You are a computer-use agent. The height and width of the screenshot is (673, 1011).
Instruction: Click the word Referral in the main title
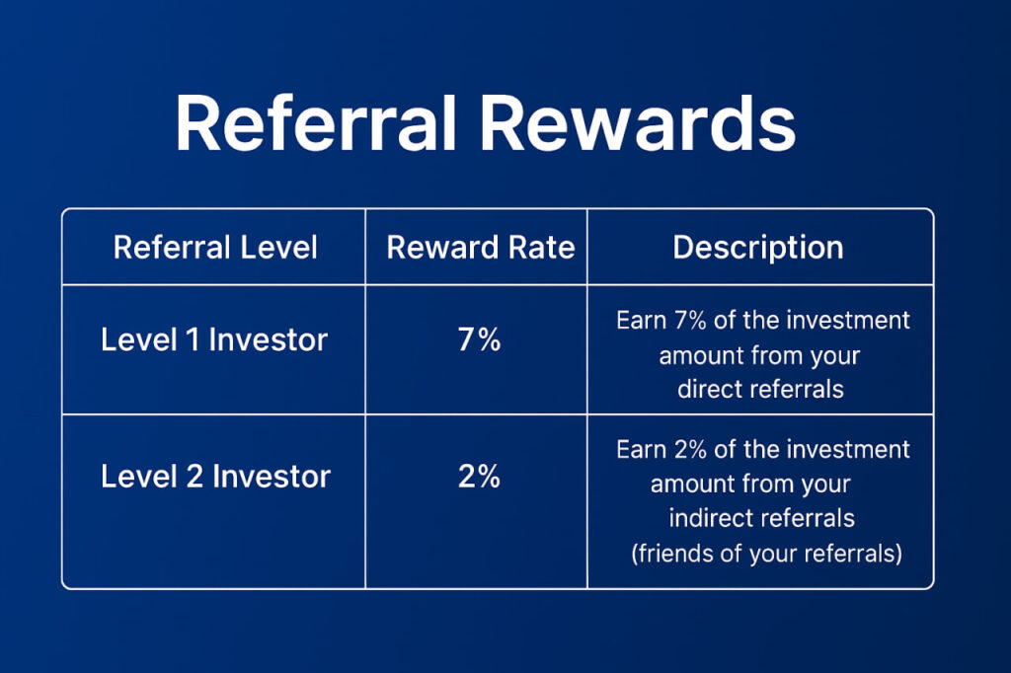pyautogui.click(x=316, y=122)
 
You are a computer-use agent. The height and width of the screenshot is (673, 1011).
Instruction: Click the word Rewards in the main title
pyautogui.click(x=639, y=122)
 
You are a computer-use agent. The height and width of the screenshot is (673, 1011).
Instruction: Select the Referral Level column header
pyautogui.click(x=215, y=248)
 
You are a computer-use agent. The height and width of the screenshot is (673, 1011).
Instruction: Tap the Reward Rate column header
pyautogui.click(x=481, y=248)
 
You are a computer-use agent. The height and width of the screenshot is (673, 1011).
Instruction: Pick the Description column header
pyautogui.click(x=758, y=249)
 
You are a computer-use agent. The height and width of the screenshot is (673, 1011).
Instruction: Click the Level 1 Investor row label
pyautogui.click(x=214, y=339)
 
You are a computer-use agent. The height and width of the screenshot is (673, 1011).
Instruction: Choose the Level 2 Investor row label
pyautogui.click(x=215, y=477)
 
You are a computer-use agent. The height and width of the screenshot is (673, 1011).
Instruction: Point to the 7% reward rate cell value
pyautogui.click(x=479, y=339)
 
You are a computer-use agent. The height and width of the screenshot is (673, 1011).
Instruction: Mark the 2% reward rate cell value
pyautogui.click(x=479, y=477)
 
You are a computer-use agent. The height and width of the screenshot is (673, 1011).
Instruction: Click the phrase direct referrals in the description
pyautogui.click(x=761, y=390)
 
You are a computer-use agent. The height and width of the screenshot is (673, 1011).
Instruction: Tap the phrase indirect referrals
pyautogui.click(x=761, y=518)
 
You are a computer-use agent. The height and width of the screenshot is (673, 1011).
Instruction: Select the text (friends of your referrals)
pyautogui.click(x=766, y=554)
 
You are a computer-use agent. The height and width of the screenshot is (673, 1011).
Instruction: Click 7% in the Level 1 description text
pyautogui.click(x=690, y=321)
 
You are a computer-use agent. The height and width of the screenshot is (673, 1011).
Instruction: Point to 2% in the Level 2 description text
pyautogui.click(x=690, y=449)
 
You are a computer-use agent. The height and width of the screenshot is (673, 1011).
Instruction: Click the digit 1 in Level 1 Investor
pyautogui.click(x=193, y=339)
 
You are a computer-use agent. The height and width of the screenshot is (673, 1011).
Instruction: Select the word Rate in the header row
pyautogui.click(x=542, y=248)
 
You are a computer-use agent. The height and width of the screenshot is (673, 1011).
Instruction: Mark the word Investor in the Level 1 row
pyautogui.click(x=269, y=339)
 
